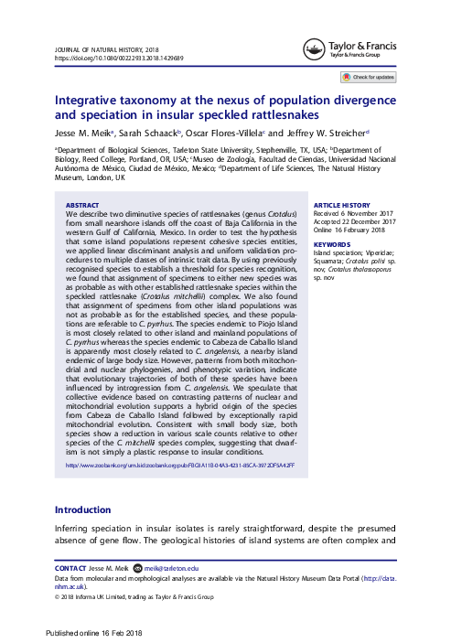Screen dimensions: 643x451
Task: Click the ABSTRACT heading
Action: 83,206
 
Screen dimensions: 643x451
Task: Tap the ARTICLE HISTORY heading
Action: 341,206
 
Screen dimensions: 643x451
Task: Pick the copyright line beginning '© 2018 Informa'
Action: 134,596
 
